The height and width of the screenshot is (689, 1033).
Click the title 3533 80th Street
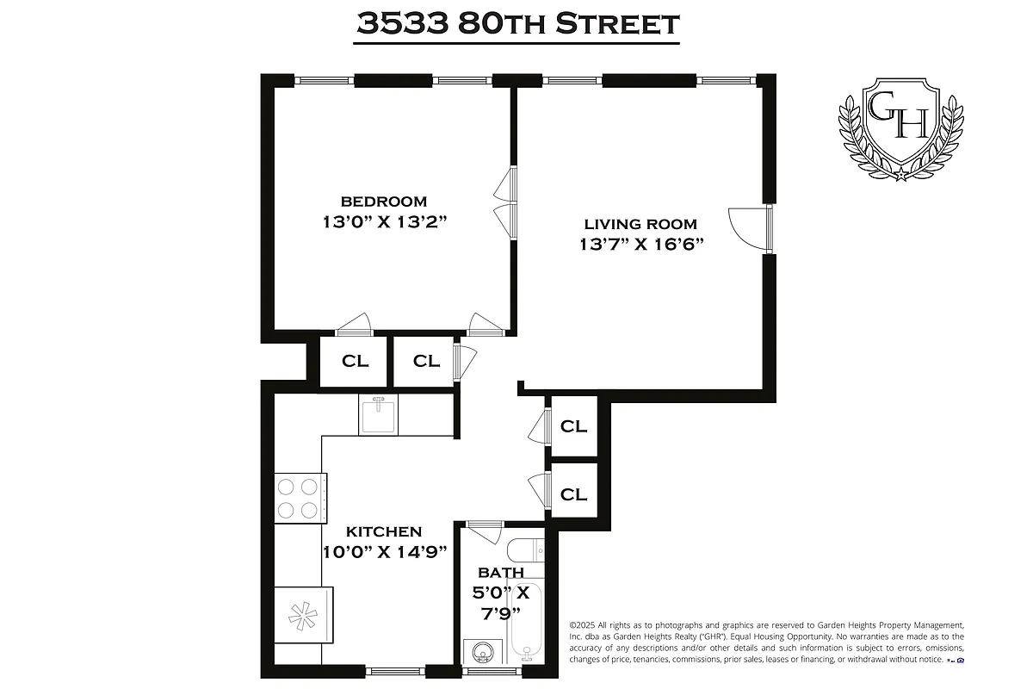(517, 23)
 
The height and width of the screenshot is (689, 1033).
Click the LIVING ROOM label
(641, 224)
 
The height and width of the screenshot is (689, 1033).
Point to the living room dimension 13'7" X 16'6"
(641, 244)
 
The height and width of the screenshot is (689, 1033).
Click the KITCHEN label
(384, 532)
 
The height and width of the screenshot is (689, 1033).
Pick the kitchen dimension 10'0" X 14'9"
(384, 553)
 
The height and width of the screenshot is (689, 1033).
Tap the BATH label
(500, 573)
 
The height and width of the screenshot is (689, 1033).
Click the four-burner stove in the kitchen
(300, 498)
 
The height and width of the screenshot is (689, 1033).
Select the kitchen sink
(379, 416)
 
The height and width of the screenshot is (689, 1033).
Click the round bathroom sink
(481, 654)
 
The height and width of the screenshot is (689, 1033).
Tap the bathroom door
(485, 529)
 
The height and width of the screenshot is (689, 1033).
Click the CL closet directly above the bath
(573, 494)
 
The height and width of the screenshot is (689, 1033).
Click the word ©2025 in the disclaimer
(585, 625)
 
